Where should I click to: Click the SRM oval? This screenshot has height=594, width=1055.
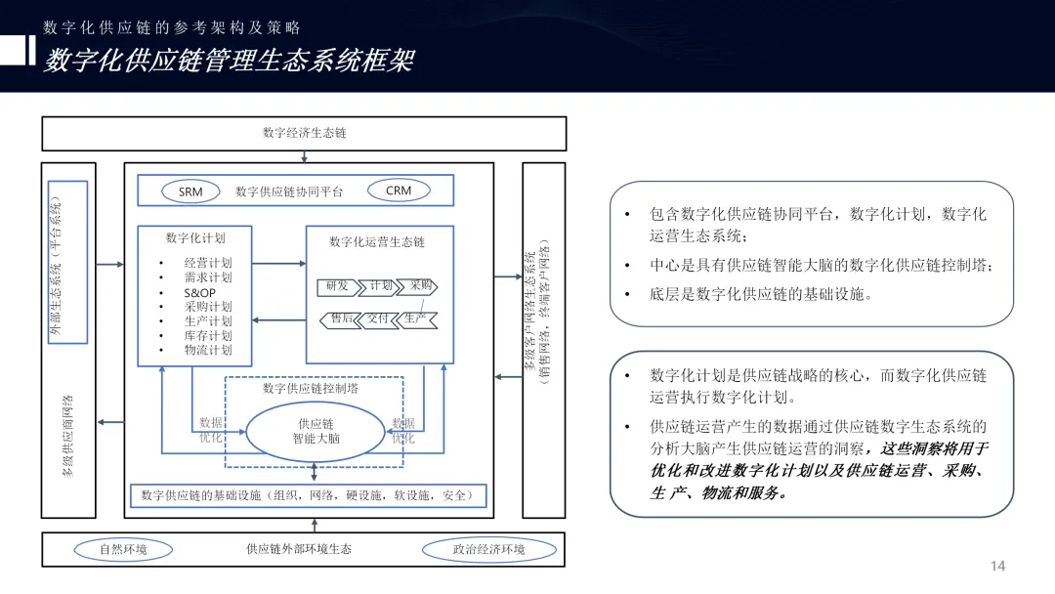190,191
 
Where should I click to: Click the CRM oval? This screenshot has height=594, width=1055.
399,191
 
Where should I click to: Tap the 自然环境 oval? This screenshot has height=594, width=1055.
123,549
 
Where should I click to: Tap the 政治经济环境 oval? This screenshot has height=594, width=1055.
488,549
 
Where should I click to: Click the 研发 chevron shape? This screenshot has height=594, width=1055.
337,286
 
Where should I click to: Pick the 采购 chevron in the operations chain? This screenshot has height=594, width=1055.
421,286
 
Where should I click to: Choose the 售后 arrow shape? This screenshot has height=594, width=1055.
341,318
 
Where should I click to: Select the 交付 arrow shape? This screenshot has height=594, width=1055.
378,318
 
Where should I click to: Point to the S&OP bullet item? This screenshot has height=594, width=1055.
199,293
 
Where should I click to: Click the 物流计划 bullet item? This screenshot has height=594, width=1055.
208,350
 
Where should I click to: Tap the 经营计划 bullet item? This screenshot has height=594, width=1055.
208,264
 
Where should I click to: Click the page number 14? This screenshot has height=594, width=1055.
997,567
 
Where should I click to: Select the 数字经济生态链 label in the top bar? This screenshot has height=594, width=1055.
304,133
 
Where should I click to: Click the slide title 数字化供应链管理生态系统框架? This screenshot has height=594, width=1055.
229,61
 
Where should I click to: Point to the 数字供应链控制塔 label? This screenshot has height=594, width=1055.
311,389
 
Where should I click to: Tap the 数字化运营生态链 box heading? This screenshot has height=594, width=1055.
377,241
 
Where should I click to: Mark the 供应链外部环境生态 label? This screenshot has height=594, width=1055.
299,549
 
